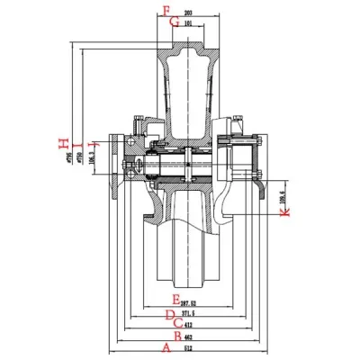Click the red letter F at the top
click(x=165, y=12)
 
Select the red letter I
click(x=77, y=144)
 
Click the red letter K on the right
click(x=285, y=213)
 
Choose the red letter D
click(x=169, y=312)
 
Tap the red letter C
click(x=178, y=322)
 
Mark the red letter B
click(x=176, y=334)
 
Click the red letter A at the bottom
click(x=164, y=346)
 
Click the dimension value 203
click(x=186, y=13)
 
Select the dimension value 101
click(x=186, y=23)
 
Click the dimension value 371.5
click(x=187, y=311)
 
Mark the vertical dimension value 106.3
click(x=94, y=163)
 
